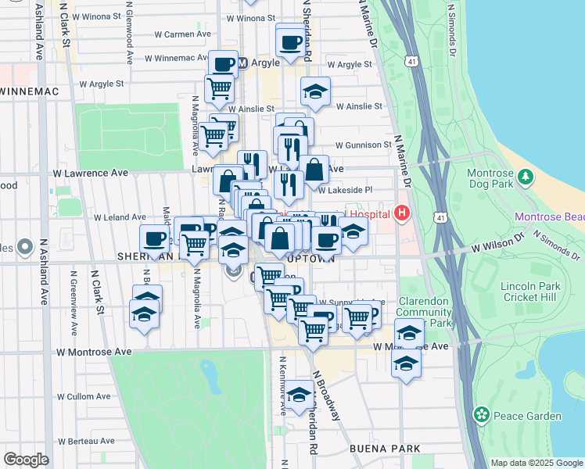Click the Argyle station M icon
[242, 63]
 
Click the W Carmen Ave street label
[183, 34]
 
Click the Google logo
[26, 459]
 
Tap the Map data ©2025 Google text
[537, 463]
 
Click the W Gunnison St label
[363, 145]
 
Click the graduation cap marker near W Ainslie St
[315, 93]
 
